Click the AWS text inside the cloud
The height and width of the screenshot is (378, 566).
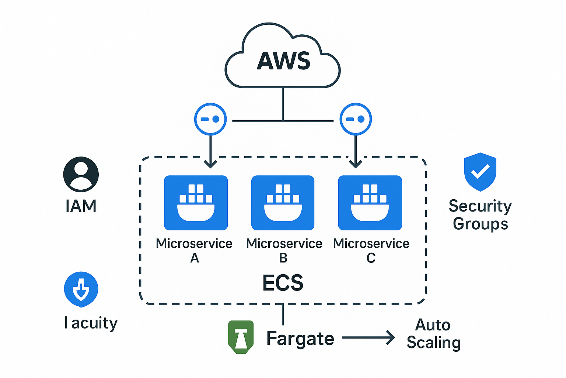tap(283, 61)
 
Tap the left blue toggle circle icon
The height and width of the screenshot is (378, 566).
tap(210, 119)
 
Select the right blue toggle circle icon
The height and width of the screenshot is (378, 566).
tap(356, 119)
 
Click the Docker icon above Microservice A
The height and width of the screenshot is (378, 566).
tap(196, 203)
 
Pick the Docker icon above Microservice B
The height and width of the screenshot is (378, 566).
tap(283, 203)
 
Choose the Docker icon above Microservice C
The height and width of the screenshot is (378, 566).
tap(370, 203)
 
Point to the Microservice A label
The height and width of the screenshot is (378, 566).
tap(194, 250)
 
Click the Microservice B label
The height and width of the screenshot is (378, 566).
tap(284, 250)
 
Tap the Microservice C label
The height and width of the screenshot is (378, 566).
tap(371, 250)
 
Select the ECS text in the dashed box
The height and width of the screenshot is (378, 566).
tap(283, 283)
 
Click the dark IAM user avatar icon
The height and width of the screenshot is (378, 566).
tap(81, 174)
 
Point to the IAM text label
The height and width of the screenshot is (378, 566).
tap(81, 206)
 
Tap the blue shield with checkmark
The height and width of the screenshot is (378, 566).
tap(480, 172)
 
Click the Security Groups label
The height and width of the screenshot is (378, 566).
tap(480, 214)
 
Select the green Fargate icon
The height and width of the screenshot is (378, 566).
tap(241, 337)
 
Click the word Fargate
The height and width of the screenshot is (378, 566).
tap(300, 339)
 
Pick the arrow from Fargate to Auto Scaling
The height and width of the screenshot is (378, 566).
tap(368, 337)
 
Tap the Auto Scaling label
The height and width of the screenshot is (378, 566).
tap(433, 334)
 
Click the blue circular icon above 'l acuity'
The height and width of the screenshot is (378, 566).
tap(81, 289)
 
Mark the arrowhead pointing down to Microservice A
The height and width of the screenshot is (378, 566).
tap(210, 164)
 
